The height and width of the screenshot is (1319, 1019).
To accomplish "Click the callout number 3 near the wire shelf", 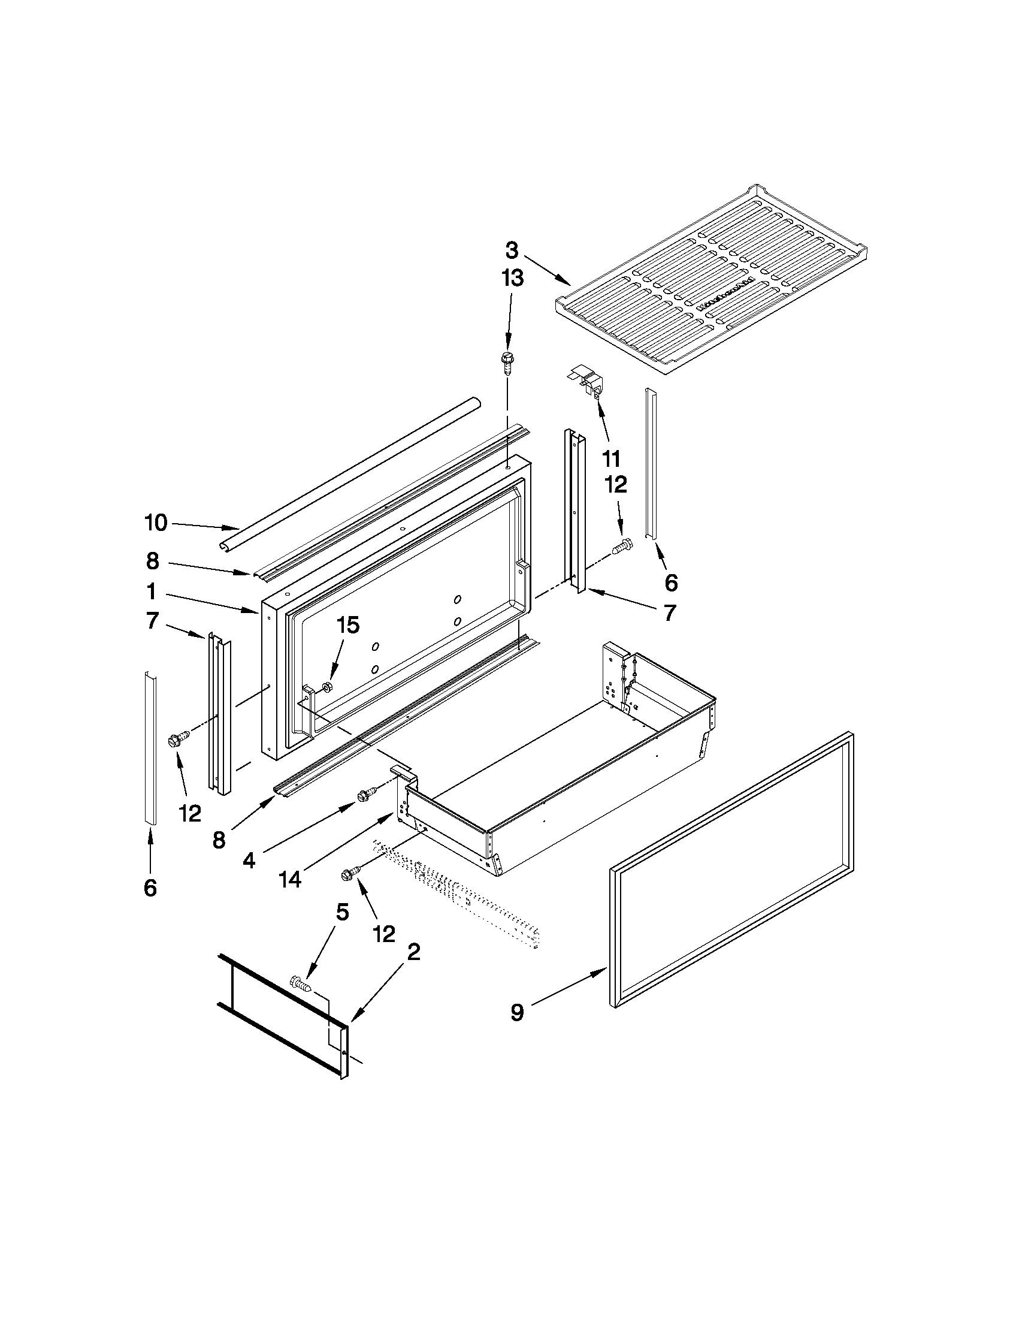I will coord(512,250).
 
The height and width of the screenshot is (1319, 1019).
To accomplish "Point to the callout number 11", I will coord(611,459).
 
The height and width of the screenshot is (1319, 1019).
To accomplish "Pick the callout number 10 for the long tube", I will coord(156,523).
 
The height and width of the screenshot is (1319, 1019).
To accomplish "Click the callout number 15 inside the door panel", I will coord(347,625).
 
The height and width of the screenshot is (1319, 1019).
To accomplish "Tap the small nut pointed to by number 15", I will coord(326,686).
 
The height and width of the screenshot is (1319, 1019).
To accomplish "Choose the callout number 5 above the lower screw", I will coord(342,912).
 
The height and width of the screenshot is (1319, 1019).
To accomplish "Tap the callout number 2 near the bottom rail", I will coord(413,952).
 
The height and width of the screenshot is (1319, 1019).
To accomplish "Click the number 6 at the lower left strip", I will coord(150,887).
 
